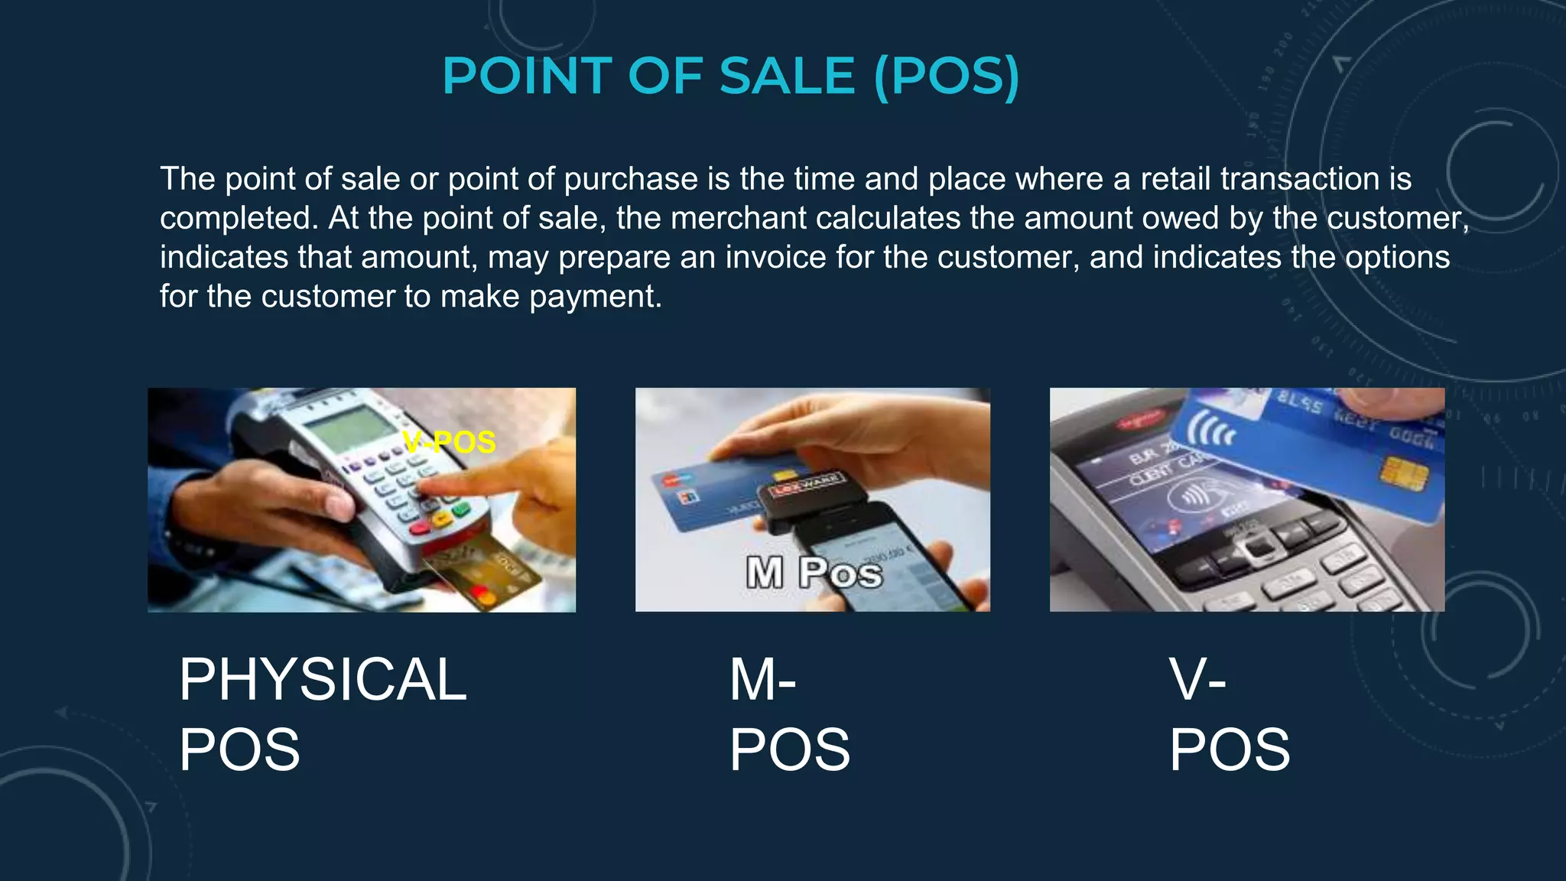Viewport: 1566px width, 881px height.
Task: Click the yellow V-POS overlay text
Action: tap(450, 442)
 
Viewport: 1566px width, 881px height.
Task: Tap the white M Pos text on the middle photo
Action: tap(814, 572)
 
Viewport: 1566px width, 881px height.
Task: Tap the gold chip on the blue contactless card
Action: tap(1404, 473)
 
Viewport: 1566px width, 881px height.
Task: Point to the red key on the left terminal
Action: tap(420, 528)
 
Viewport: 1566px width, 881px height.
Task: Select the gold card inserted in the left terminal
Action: tap(482, 570)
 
